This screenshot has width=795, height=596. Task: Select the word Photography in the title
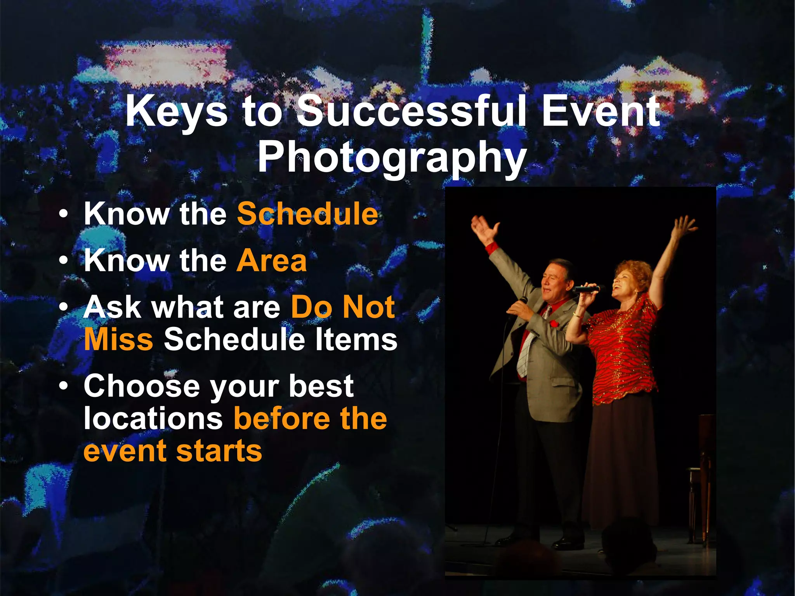pos(392,157)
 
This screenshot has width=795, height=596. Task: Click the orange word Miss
pos(118,339)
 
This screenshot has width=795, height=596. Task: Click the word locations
pos(153,418)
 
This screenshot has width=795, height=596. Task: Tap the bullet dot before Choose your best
pos(64,386)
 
